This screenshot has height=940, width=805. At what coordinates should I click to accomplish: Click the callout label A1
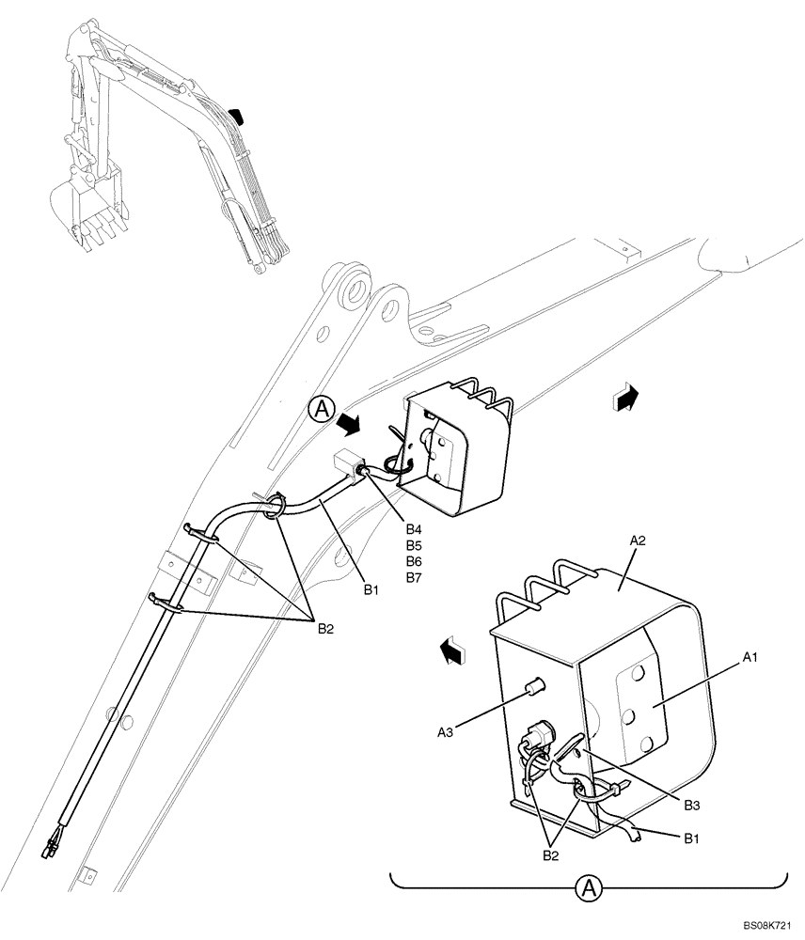pos(749,659)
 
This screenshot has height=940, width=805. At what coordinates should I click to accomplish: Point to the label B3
pos(691,805)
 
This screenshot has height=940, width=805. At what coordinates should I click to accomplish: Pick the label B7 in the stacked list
pos(413,576)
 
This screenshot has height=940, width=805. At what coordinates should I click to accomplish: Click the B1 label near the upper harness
pos(371,590)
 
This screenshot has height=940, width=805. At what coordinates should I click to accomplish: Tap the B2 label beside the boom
pos(324,629)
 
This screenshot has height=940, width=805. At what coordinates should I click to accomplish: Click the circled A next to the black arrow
pos(321,408)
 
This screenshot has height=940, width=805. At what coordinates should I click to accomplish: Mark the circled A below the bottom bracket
pos(589,886)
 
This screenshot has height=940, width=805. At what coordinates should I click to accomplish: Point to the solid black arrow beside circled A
pos(350,427)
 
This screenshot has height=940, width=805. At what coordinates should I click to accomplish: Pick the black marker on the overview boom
pos(239,116)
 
